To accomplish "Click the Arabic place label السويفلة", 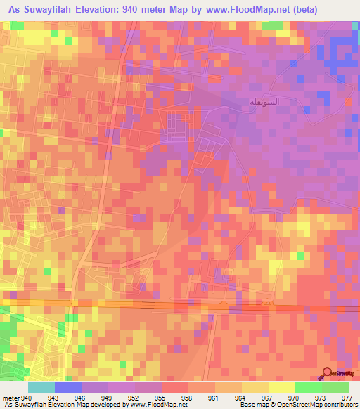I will click(x=265, y=101).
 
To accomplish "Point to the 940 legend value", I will click(x=27, y=398).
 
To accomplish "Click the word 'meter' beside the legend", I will click(x=11, y=398).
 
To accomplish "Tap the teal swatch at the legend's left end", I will click(x=41, y=387).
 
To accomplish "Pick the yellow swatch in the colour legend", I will click(x=281, y=387).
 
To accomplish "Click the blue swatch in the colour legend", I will click(x=67, y=387).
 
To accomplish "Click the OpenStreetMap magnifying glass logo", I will click(x=327, y=374).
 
